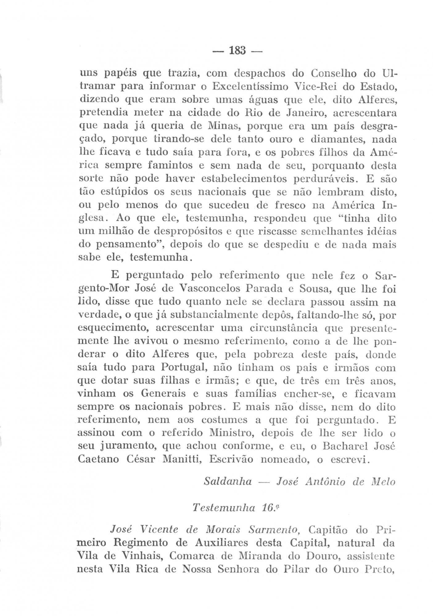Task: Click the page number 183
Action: click(237, 50)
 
